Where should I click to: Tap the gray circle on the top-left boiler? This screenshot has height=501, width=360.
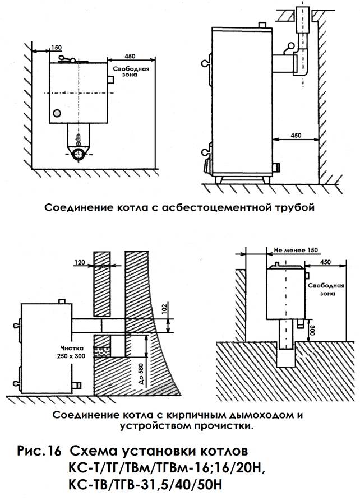coord(57,113)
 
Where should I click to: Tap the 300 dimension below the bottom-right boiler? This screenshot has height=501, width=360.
coord(312,330)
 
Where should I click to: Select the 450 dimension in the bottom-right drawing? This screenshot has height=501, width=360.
coord(325,262)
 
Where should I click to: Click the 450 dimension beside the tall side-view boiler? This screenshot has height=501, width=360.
coord(296,135)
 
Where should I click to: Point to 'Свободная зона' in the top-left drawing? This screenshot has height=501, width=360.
coord(131,72)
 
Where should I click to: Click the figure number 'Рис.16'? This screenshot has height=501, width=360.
coord(39,452)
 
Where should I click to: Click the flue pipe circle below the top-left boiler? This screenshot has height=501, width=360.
coord(79,154)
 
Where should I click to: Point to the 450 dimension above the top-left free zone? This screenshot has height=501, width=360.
coord(130,56)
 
